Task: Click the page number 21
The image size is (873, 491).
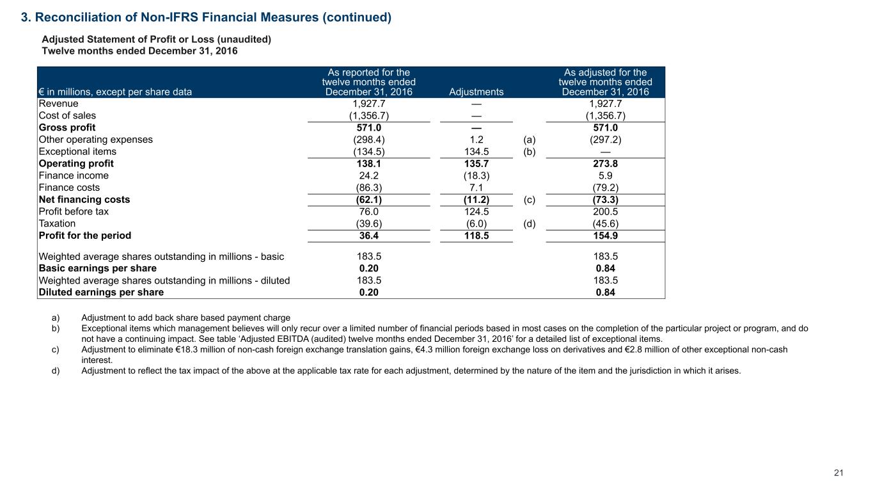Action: (839, 473)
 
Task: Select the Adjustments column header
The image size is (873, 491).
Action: (476, 92)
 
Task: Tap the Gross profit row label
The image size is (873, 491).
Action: (67, 127)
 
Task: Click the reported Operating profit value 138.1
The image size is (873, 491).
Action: (368, 163)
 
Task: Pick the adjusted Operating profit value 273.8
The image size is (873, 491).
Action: (605, 163)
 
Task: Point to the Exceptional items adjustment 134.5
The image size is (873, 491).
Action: (476, 152)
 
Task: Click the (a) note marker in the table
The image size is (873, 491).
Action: (529, 140)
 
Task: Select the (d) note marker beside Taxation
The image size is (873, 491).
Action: (529, 223)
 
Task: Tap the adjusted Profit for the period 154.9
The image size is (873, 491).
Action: (605, 236)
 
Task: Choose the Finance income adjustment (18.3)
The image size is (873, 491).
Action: (476, 175)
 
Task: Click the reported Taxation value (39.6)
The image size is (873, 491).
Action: (368, 223)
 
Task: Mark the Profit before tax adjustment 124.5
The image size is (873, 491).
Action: (476, 211)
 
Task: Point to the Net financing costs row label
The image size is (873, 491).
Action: (84, 199)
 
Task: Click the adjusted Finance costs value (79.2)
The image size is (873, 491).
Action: (605, 188)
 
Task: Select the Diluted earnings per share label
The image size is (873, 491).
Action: (101, 292)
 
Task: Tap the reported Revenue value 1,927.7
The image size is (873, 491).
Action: (368, 104)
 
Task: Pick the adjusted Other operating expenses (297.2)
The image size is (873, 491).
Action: (605, 140)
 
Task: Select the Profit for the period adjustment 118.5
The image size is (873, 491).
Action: (476, 236)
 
